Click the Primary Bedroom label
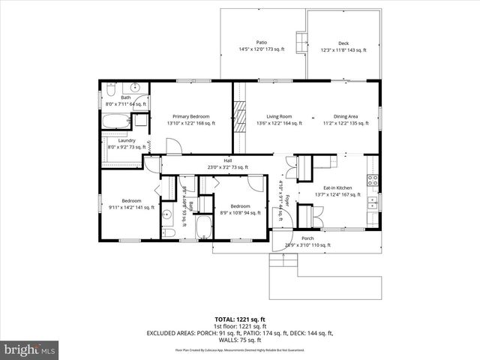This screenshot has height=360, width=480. [190, 116]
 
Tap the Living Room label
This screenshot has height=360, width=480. [280, 116]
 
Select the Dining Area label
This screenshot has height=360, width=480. [346, 116]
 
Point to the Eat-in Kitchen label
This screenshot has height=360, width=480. [337, 187]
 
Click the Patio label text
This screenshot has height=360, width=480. [262, 42]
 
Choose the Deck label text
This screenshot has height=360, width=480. [343, 43]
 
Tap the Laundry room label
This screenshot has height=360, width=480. [115, 139]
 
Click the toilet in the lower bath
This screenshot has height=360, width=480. [169, 233]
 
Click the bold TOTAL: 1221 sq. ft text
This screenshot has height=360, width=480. [239, 319]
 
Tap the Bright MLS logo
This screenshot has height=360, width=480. [30, 349]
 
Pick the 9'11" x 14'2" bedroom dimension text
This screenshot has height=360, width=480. [131, 208]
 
